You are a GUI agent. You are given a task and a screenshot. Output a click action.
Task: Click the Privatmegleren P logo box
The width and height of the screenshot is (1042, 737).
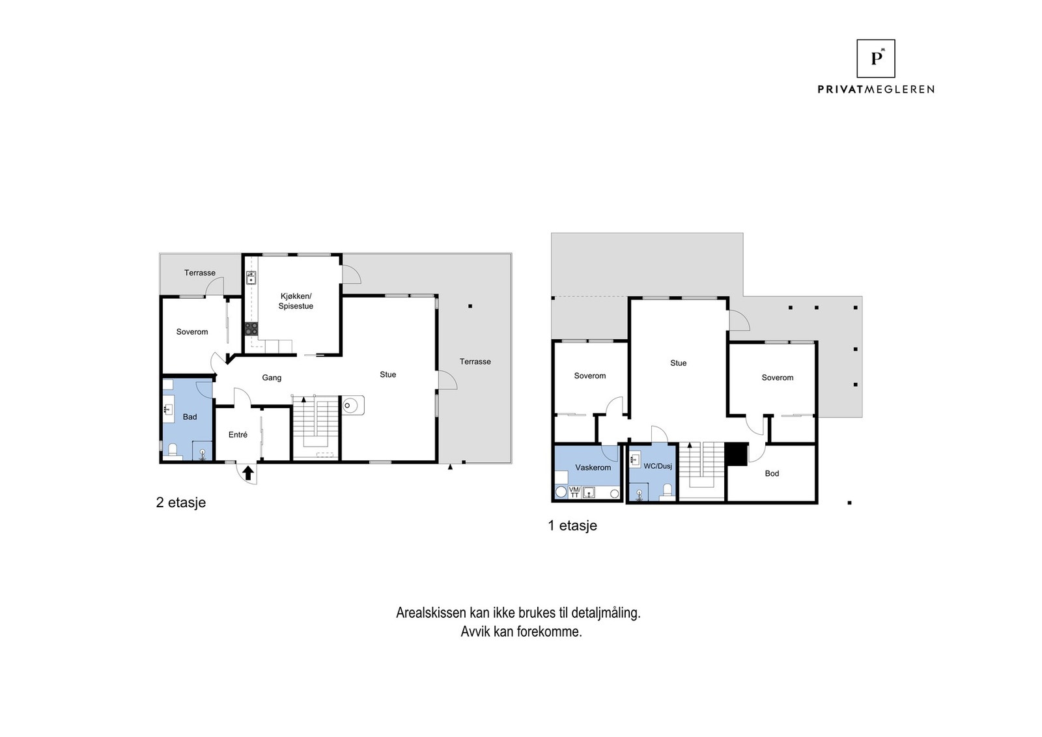[x=875, y=59]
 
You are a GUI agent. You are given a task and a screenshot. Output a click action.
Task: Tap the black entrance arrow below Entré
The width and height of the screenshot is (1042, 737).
[x=248, y=473]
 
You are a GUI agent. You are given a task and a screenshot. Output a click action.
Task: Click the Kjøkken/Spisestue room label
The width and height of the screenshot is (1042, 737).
[x=296, y=301]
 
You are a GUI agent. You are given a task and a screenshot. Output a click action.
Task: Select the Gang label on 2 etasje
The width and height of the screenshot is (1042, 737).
[x=272, y=378]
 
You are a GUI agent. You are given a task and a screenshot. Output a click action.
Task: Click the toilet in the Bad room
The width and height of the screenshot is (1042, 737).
[x=173, y=450]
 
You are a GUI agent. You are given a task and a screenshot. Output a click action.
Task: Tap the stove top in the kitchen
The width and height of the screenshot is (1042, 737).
[x=251, y=329]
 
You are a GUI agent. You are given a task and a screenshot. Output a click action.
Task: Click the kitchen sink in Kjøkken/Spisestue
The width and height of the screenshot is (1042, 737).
[x=251, y=279]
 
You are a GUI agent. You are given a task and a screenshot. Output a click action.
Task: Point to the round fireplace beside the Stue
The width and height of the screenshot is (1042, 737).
[x=350, y=406]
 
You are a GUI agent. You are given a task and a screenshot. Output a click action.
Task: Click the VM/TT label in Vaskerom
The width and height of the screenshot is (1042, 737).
[x=574, y=492]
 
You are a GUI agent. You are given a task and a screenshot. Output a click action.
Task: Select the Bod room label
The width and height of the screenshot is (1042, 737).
[x=772, y=473]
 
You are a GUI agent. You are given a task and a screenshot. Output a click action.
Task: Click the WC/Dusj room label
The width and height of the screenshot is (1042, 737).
[x=657, y=466]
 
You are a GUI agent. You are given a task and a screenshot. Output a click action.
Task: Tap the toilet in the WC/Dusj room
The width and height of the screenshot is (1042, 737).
[x=667, y=490]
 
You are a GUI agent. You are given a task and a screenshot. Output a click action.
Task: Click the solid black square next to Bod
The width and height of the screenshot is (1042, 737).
[x=737, y=454]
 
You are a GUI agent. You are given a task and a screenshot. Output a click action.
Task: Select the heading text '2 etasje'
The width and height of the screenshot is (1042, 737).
[x=181, y=503]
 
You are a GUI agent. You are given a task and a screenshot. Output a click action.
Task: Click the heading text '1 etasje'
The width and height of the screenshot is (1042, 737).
[x=572, y=525]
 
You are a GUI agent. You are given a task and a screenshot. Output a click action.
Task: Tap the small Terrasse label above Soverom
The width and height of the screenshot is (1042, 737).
[x=199, y=273]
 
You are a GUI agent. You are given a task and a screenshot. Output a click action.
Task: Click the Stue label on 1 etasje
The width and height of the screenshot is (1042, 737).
[x=678, y=363]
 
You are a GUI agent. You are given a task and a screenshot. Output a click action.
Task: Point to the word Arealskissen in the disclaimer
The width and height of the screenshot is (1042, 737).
[x=430, y=613]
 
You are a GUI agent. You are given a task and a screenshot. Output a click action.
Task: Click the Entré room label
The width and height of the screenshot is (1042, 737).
[x=238, y=435]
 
